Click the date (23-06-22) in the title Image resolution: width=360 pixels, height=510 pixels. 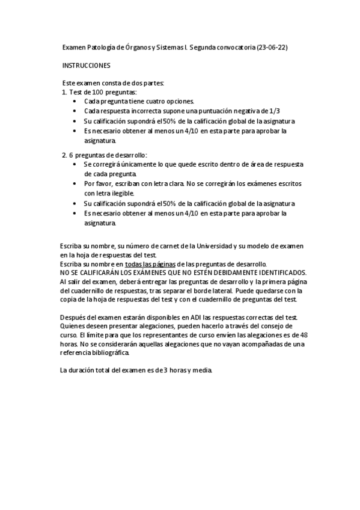click(x=272, y=46)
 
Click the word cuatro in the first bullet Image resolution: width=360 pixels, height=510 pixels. click(x=151, y=102)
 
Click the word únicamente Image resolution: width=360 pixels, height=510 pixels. click(x=133, y=164)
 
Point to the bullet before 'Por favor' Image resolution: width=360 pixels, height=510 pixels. click(x=74, y=183)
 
